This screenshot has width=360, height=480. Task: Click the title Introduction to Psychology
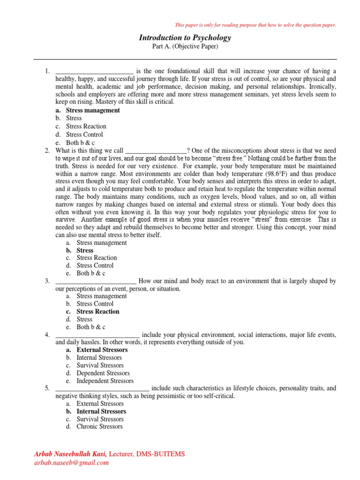[x=185, y=37]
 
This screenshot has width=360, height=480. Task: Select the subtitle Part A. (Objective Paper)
[x=185, y=47]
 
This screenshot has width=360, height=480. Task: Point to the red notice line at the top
[x=255, y=25]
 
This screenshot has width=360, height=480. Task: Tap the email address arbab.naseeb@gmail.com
[x=71, y=462]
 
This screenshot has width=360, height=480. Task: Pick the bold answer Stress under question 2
[x=85, y=250]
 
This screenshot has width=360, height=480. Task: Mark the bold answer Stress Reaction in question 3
[x=97, y=311]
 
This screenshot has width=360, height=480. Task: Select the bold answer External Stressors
[x=102, y=350]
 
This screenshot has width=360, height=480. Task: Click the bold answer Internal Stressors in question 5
[x=101, y=411]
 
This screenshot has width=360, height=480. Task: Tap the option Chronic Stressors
[x=99, y=427]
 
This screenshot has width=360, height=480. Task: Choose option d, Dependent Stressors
[x=103, y=373]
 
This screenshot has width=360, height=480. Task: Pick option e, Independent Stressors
[x=105, y=381]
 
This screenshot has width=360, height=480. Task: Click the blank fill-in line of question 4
[x=97, y=335]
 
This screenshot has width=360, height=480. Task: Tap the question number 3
[x=47, y=281]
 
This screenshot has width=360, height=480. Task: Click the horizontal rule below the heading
[x=185, y=60]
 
